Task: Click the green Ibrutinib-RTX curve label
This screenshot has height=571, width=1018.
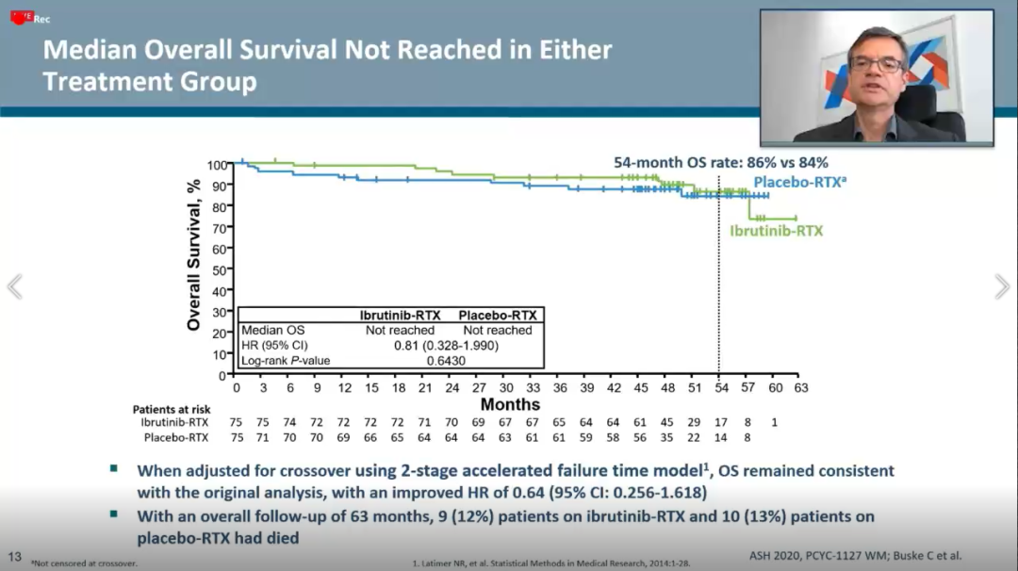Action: (x=776, y=231)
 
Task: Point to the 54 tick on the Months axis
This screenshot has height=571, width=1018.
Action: (x=719, y=387)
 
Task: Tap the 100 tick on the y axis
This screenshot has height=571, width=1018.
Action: (x=217, y=165)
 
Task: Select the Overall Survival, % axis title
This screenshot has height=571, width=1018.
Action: (x=194, y=253)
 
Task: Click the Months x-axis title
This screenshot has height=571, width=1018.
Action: (x=510, y=405)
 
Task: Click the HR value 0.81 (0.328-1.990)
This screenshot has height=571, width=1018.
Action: (x=447, y=346)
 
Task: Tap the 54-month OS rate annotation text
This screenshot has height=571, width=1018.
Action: (x=721, y=162)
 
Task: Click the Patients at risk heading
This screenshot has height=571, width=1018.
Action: (x=172, y=409)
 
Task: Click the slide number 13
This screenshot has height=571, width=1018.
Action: (x=14, y=556)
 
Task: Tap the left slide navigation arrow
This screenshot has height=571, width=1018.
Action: (x=14, y=286)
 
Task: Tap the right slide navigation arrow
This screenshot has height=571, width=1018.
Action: (x=1002, y=286)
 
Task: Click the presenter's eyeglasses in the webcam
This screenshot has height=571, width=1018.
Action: (x=876, y=64)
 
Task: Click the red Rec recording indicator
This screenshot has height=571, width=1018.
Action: (x=28, y=17)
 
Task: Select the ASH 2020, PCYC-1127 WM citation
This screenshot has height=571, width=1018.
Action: (x=855, y=556)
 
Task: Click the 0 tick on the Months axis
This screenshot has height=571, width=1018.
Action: (x=237, y=387)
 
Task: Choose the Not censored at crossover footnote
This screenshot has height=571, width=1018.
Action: (x=84, y=563)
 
